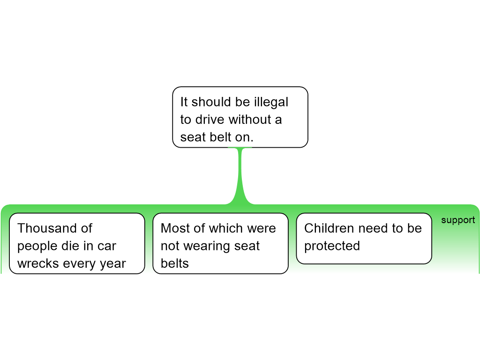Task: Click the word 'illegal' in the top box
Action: click(271, 102)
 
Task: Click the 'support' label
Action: click(458, 220)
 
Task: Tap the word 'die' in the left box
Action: click(73, 246)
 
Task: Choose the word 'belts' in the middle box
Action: click(175, 263)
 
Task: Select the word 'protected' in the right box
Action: click(332, 246)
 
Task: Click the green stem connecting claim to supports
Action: click(240, 174)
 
